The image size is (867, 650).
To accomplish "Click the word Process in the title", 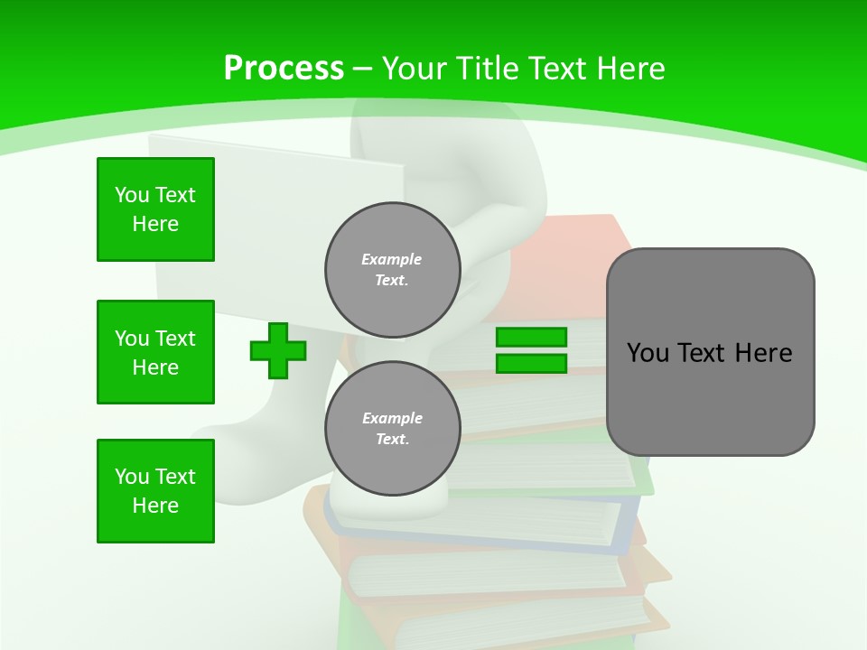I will [x=284, y=69].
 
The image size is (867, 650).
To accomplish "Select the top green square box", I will [x=155, y=209].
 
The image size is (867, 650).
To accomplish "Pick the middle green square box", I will [x=155, y=352].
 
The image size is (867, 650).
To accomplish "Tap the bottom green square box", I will [x=155, y=491].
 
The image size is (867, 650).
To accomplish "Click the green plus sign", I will [x=278, y=351].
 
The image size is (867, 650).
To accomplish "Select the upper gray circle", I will [x=393, y=269].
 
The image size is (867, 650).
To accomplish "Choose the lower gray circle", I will [x=393, y=428].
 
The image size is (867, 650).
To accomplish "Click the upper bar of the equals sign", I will [x=531, y=338].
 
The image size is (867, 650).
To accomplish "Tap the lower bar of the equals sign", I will [x=531, y=364].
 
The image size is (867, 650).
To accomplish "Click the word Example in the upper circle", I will [x=392, y=259].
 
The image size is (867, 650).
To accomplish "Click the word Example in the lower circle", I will [x=392, y=418].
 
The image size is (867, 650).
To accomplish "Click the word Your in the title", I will [x=416, y=69].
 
